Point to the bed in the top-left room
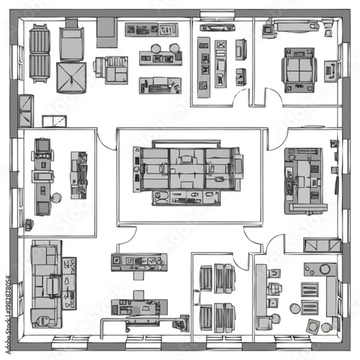(71, 43)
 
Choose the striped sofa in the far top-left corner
(39, 53)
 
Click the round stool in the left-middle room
(56, 197)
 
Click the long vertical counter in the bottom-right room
(261, 295)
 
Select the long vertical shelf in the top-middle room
(204, 68)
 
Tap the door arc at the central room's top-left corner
(107, 140)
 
